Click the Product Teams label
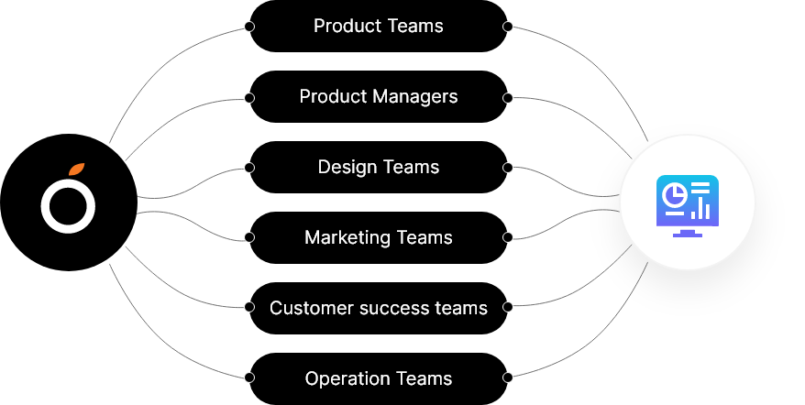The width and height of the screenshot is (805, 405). tap(378, 27)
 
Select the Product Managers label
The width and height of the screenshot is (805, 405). tap(378, 96)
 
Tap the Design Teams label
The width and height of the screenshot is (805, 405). tap(378, 167)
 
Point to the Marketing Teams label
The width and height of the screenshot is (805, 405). tap(378, 237)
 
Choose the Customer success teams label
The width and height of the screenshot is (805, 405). tap(378, 308)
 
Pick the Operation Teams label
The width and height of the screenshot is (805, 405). tap(378, 378)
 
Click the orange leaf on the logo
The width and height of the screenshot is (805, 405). tap(77, 170)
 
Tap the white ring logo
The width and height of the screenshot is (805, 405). tap(68, 206)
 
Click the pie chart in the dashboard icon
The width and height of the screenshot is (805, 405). tap(676, 194)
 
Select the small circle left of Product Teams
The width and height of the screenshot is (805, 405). tap(248, 27)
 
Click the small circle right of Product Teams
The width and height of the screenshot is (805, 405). tap(508, 27)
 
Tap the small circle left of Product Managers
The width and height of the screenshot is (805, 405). tap(248, 97)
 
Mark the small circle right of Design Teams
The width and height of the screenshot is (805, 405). tap(508, 168)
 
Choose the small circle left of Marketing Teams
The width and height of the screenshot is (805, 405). tap(248, 237)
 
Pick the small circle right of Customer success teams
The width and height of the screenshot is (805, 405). tap(508, 308)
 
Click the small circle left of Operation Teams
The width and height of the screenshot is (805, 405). tap(248, 378)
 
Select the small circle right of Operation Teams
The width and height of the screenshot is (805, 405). tap(508, 378)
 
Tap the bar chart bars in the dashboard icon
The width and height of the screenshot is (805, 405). tap(700, 208)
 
